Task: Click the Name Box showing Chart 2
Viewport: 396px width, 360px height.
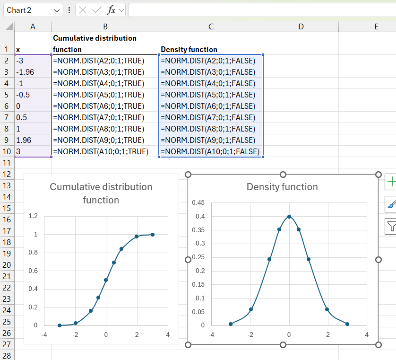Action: tap(33, 10)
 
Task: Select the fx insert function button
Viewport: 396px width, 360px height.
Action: tap(112, 10)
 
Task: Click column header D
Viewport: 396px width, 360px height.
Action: tap(301, 26)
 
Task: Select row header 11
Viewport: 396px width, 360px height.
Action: tap(7, 163)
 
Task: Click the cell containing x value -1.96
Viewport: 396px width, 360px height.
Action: tap(33, 72)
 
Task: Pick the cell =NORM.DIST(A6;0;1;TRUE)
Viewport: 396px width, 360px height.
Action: tap(105, 106)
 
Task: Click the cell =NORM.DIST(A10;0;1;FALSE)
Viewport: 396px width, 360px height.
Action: tap(211, 151)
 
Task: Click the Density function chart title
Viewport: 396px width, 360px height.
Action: tap(282, 187)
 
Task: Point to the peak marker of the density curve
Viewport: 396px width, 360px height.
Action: tap(289, 217)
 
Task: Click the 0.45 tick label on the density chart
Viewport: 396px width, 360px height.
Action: tap(198, 202)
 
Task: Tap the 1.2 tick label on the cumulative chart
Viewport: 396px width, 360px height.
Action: tap(33, 216)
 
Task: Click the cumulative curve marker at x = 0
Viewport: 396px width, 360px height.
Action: tap(106, 280)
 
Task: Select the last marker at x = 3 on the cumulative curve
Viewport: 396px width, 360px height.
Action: tap(153, 235)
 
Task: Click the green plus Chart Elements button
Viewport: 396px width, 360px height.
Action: tap(390, 182)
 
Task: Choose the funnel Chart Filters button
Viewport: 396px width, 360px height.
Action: tap(390, 226)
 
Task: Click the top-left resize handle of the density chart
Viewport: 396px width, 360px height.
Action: tap(188, 175)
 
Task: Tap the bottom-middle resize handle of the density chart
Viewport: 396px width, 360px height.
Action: tap(283, 345)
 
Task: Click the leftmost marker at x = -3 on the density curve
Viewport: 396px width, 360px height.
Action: tap(231, 324)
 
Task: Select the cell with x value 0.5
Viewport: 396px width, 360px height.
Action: tap(33, 117)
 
